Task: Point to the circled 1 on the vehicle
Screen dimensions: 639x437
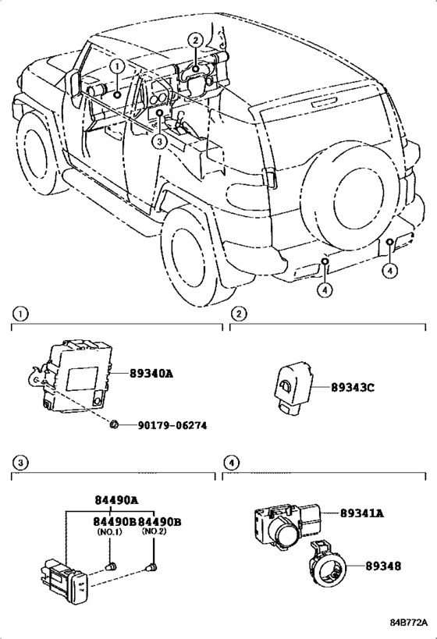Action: pos(115,67)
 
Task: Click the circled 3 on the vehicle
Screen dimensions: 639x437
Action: pos(158,141)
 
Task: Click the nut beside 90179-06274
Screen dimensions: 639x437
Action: pos(114,424)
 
